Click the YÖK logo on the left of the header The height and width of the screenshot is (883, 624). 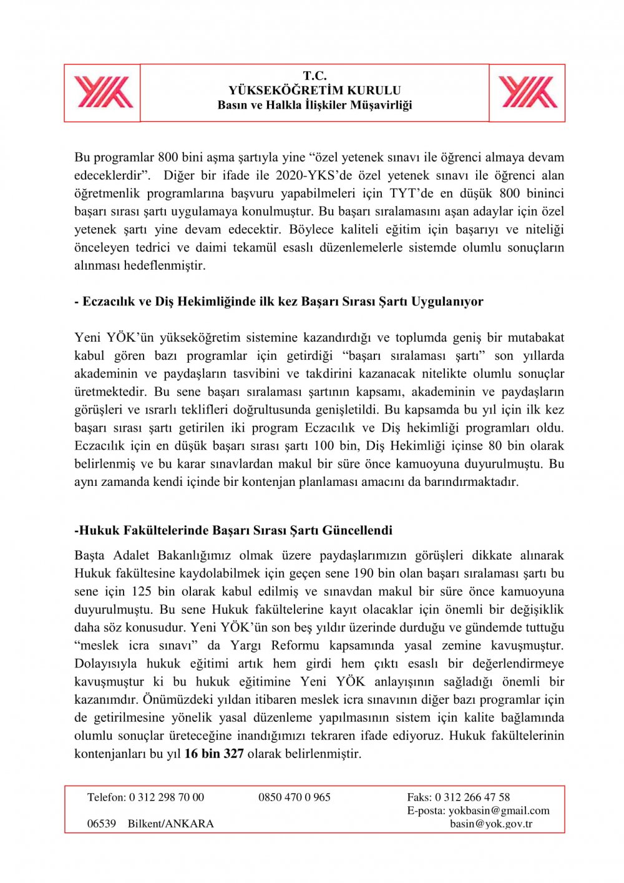coord(103,92)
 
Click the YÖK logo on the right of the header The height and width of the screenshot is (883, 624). coord(528,92)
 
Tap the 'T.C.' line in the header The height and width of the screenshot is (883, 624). coord(314,76)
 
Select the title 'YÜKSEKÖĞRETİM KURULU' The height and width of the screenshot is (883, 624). coord(314,90)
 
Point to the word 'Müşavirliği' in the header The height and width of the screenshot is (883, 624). coord(381,105)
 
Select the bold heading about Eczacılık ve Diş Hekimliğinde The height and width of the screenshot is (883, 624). coord(279,302)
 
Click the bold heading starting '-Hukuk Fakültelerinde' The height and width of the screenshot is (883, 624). coord(233,531)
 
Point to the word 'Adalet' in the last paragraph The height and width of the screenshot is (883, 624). coord(131,555)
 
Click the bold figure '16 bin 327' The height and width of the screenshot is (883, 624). coord(214,754)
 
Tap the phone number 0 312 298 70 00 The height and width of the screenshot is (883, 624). coord(167,797)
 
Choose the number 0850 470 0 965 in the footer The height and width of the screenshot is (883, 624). coord(295,797)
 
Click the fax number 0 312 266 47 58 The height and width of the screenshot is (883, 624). coord(472,797)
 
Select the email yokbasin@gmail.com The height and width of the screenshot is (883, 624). coord(499,811)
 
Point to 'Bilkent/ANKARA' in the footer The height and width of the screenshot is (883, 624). coord(170,824)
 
